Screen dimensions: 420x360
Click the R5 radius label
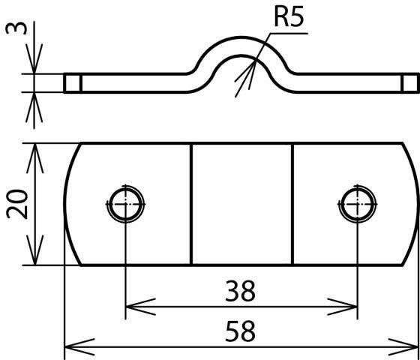(289, 18)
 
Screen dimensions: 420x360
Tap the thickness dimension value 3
(16, 28)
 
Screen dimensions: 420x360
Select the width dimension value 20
(17, 204)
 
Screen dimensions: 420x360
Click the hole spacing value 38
(240, 291)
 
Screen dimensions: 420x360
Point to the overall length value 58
(240, 331)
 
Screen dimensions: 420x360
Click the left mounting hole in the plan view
(126, 204)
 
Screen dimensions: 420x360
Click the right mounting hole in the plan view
(358, 204)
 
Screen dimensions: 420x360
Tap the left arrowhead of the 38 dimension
(140, 307)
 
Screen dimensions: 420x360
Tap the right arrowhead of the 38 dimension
(342, 307)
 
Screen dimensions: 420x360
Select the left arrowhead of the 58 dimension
(79, 347)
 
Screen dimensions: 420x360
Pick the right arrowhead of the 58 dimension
(403, 347)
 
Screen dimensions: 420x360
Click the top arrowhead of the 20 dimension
(35, 158)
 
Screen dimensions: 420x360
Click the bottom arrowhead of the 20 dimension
(35, 250)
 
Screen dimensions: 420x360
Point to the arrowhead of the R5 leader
(247, 76)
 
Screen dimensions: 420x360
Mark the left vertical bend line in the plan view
(191, 204)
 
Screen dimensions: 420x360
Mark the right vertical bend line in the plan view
(292, 204)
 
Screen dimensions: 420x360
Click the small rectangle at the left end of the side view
(73, 82)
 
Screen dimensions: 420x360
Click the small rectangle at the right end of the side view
(410, 82)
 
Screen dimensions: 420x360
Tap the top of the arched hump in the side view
(241, 37)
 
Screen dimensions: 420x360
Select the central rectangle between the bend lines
(241, 204)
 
